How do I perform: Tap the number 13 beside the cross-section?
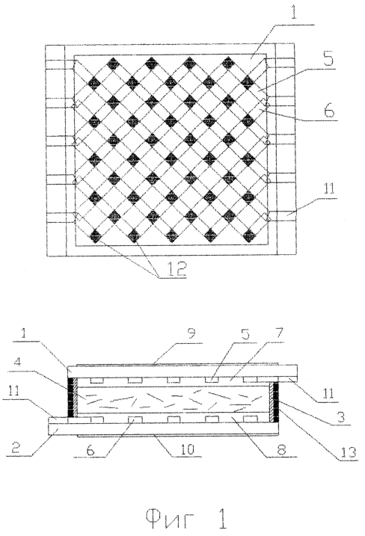(348, 452)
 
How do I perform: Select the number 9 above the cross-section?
(191, 333)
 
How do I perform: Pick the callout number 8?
(281, 449)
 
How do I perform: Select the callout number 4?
(19, 363)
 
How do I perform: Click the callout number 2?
(16, 448)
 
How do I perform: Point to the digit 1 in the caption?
(221, 517)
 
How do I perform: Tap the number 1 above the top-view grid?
(294, 15)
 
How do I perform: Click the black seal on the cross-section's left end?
(71, 397)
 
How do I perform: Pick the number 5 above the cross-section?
(245, 333)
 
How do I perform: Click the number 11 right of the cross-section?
(329, 393)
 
